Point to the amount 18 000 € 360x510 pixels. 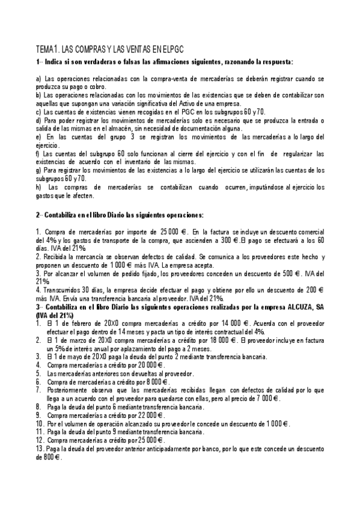coord(225,339)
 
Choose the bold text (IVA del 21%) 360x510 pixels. coord(54,315)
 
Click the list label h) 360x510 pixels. coord(40,186)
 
